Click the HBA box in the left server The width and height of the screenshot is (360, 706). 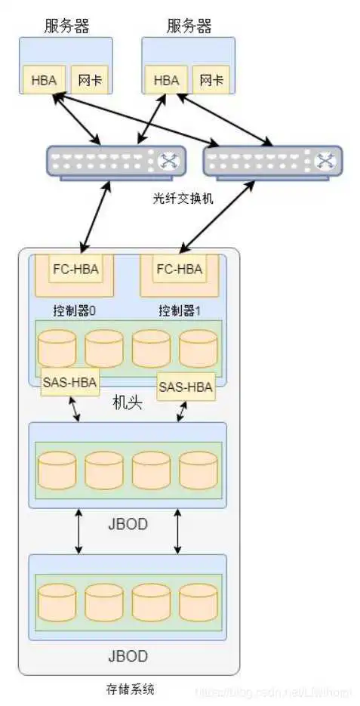44,80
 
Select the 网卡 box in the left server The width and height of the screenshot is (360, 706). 90,80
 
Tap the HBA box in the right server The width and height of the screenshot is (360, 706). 166,80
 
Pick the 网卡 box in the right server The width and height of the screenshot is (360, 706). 212,80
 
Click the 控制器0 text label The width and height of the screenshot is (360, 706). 74,310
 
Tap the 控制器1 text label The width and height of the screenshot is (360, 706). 178,310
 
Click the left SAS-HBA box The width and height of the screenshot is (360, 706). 69,382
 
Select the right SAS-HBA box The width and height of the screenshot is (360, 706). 186,387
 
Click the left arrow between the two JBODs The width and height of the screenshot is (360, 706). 78,531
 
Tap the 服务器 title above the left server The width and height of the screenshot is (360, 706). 66,27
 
